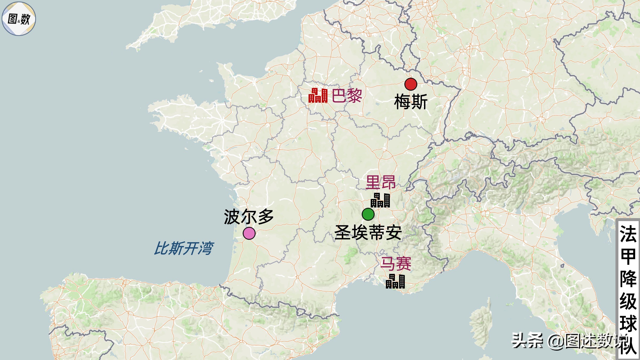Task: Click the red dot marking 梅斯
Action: pos(411,84)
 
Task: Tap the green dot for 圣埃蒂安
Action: pos(368,214)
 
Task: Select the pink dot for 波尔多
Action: pos(249,233)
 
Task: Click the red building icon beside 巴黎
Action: pos(318,96)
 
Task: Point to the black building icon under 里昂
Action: pos(380,201)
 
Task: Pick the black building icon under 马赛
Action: pos(395,281)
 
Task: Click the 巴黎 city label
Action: pos(347,96)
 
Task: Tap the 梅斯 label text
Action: pos(411,102)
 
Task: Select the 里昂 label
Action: pos(381,182)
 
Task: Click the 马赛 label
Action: pos(396,264)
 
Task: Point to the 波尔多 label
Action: pos(249,217)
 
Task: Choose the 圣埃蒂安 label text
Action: pos(368,233)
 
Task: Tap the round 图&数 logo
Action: pos(19,19)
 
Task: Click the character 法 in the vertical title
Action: pos(628,234)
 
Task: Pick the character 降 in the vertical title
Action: pos(628,279)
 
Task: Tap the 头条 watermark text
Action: pos(527,341)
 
